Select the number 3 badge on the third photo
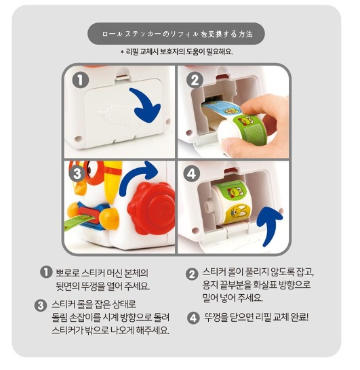coord(79,174)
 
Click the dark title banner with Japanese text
coord(176,33)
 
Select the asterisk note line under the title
coord(176,52)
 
